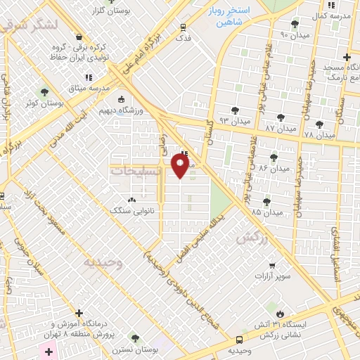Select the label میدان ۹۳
click(x=235, y=122)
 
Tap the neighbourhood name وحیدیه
click(x=103, y=263)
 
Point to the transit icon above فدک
click(x=184, y=28)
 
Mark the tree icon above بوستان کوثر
click(x=44, y=92)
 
